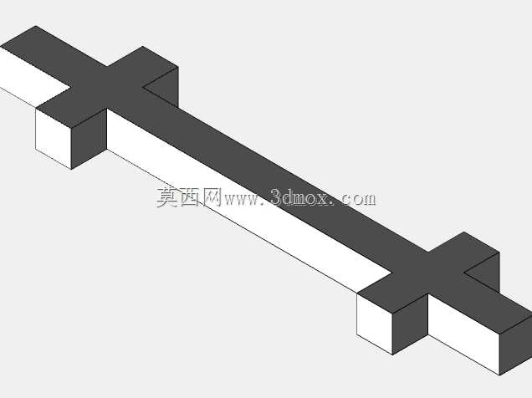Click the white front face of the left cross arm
point(54,138)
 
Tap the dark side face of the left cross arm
point(90,138)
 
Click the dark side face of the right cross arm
point(411,324)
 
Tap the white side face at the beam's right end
point(463,334)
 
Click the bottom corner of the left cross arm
point(71,169)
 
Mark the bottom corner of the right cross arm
point(393,355)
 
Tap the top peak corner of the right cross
point(463,232)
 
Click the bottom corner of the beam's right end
point(499,375)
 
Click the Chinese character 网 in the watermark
point(212,197)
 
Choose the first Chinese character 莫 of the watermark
point(167,197)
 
